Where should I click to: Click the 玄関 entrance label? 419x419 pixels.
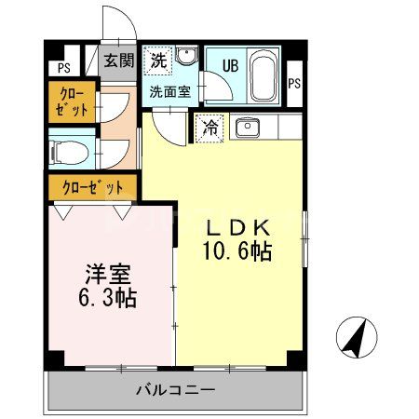(x=118, y=61)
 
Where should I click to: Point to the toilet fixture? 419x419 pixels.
(x=67, y=150)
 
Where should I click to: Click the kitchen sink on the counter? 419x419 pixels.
(x=247, y=128)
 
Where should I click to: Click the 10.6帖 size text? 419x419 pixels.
(x=238, y=251)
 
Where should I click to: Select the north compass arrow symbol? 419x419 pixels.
(x=355, y=337)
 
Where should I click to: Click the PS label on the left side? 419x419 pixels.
(x=63, y=68)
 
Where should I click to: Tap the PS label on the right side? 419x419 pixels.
(x=295, y=83)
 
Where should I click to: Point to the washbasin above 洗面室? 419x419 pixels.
(x=184, y=59)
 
